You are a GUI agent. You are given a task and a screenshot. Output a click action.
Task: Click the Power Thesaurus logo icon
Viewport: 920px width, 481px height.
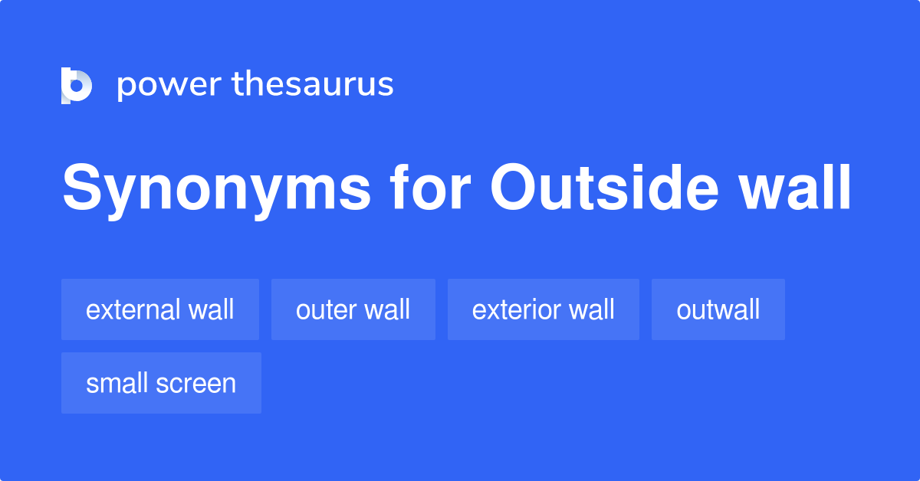77,85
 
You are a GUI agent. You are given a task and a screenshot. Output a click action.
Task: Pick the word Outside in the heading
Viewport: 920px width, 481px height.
602,188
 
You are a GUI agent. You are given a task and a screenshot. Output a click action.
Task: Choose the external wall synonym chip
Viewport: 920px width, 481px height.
159,309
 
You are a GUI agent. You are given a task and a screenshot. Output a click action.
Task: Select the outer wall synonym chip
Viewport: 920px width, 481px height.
353,309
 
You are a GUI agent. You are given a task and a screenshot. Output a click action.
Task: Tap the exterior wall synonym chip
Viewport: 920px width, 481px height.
543,309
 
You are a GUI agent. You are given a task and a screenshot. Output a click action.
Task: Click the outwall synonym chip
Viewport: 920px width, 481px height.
718,309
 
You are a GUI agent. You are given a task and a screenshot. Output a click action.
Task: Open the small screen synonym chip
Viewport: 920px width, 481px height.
161,383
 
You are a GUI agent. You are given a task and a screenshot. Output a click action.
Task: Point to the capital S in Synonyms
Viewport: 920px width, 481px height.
80,188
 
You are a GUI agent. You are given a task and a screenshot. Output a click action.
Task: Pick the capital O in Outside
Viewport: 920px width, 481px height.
511,188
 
